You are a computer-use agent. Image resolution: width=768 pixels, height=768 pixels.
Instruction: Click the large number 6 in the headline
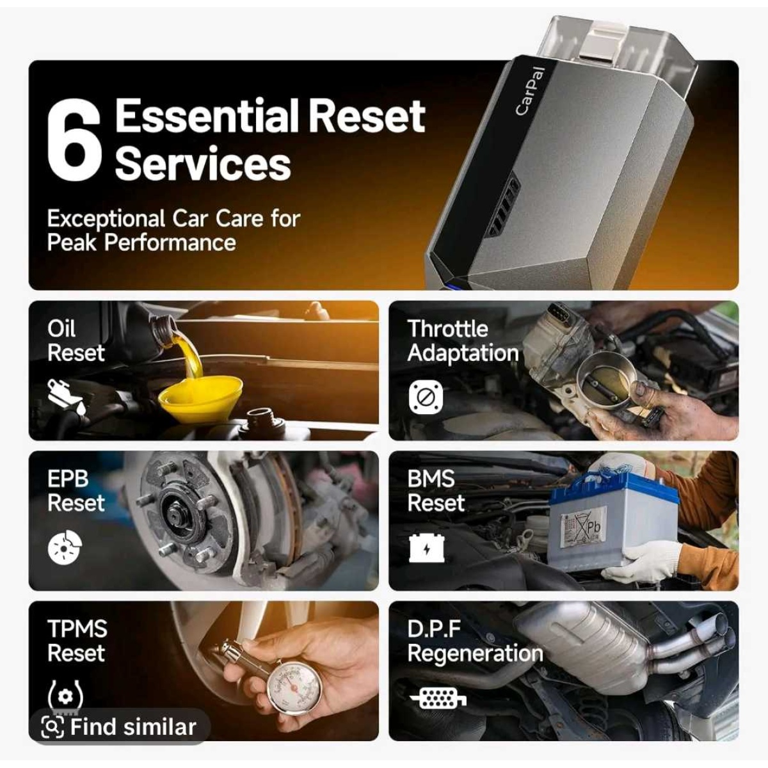point(74,141)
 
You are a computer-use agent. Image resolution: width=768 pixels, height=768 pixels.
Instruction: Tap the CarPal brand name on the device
point(529,92)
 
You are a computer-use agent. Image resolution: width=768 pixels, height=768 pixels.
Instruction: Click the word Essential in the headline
point(207,116)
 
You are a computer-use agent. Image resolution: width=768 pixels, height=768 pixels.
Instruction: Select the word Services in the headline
point(203,163)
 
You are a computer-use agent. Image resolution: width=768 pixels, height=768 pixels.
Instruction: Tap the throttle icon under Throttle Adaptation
point(425,397)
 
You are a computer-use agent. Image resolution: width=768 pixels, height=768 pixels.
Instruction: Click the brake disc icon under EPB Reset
point(65,548)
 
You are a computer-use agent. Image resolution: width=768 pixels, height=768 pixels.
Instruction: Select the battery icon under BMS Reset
point(426,548)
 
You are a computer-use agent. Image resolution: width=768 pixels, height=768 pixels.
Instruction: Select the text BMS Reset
point(436,491)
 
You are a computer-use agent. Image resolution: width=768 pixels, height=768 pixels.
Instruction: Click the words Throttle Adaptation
point(463,341)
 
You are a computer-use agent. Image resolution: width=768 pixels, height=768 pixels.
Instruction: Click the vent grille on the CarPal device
point(504,209)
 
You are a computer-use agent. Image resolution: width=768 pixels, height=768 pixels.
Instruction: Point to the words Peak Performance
point(141,243)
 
